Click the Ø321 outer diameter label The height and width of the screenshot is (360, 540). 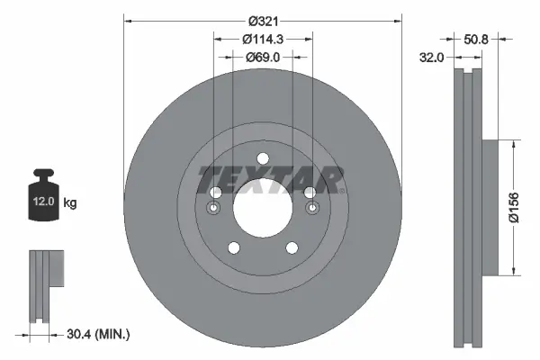[263, 19]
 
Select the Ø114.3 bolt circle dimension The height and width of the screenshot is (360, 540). [263, 39]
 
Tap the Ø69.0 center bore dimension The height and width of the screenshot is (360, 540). [263, 57]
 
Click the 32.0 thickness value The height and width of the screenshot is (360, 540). [433, 57]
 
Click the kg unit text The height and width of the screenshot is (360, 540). [70, 203]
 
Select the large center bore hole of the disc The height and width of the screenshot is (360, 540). [263, 209]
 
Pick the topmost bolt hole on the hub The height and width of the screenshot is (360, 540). [263, 159]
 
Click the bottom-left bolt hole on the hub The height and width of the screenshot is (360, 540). [233, 248]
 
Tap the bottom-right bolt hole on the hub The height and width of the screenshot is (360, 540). [292, 248]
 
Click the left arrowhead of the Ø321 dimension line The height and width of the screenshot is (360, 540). [126, 19]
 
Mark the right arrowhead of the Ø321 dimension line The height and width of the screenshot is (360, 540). [400, 19]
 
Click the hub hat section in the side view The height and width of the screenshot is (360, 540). [489, 208]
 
